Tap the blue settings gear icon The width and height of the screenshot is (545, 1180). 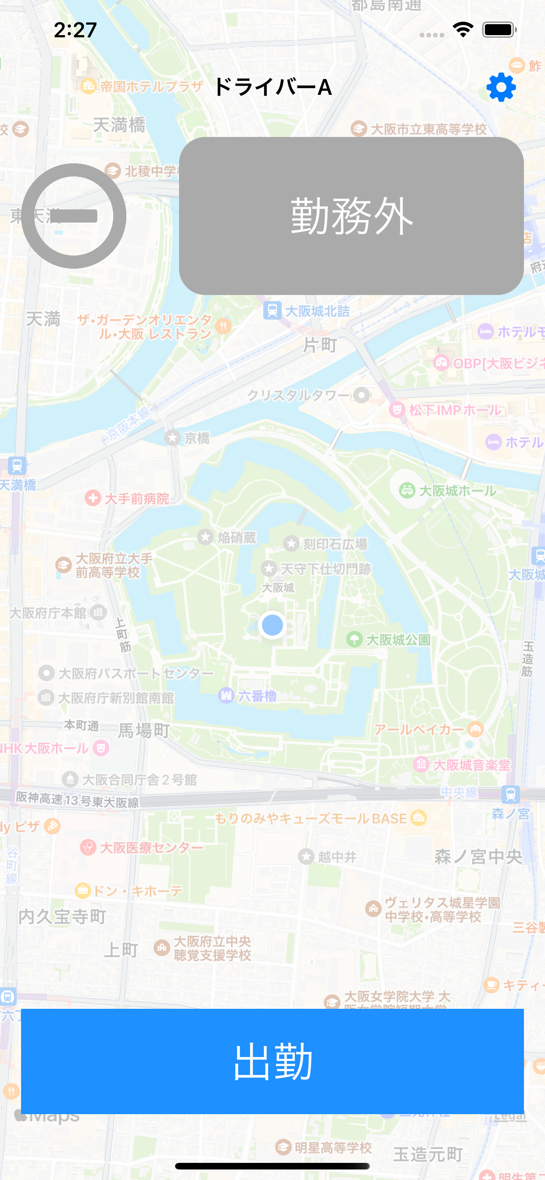coord(501,87)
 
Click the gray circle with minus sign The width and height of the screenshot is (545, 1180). coord(74,216)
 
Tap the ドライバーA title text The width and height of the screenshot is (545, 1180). coord(273,87)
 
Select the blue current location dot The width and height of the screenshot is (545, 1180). coord(272,625)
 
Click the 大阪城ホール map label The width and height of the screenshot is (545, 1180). coord(457,491)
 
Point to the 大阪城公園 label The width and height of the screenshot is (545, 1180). coord(398,640)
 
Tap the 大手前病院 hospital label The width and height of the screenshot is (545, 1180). coord(136,498)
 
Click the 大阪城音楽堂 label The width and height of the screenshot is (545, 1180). coord(471,765)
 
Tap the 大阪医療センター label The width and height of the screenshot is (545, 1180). coord(151,847)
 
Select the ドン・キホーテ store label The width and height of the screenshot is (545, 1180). coord(137,891)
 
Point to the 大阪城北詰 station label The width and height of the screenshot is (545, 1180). coord(317,311)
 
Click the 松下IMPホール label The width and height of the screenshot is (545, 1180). coord(454,410)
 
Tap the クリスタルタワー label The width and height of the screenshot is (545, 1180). coord(298,395)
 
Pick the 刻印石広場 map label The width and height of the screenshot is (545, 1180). coord(334,544)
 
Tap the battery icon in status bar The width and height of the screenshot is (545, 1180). coord(499,30)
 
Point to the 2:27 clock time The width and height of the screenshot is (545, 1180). coord(75,30)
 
